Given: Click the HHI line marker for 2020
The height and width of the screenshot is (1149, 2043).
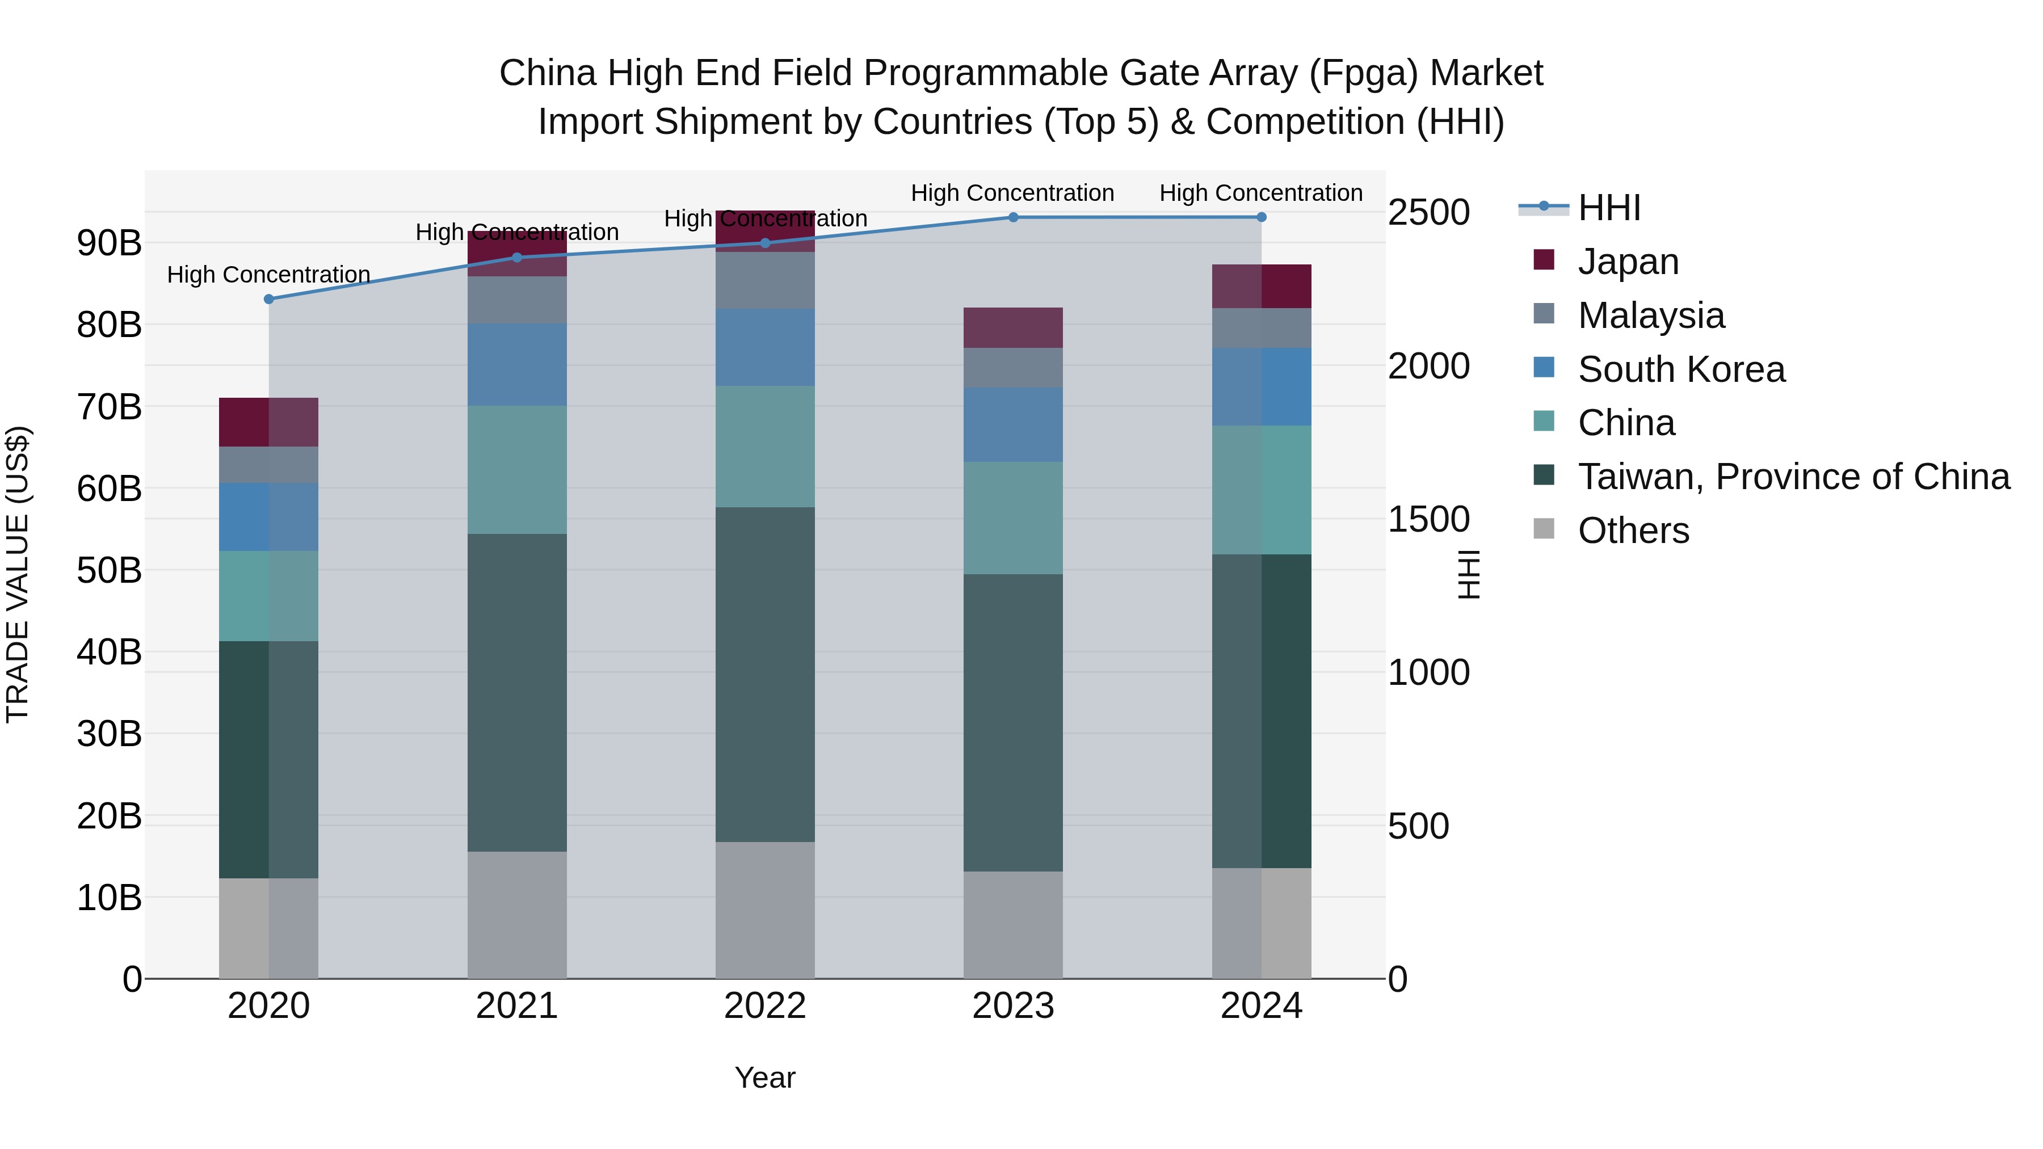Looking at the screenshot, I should [x=269, y=299].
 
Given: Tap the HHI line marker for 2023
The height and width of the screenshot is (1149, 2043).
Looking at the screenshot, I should [x=1013, y=217].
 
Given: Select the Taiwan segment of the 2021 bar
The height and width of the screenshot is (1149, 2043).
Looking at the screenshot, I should [x=517, y=692].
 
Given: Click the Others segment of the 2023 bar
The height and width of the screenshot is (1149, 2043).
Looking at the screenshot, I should [x=1013, y=925].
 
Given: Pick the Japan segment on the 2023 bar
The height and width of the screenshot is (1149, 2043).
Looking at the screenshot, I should [x=1013, y=327].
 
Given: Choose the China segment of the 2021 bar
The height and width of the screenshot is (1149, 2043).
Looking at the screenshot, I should [x=517, y=469].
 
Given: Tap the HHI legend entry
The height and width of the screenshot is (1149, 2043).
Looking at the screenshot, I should [x=1608, y=208].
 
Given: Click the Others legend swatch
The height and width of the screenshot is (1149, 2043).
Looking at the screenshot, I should [x=1544, y=529].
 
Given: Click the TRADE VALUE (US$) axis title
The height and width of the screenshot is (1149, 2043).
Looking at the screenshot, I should [x=18, y=574].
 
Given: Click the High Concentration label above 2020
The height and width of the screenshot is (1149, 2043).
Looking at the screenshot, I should [x=269, y=275].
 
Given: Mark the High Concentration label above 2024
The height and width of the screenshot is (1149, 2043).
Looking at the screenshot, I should [x=1260, y=193].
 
